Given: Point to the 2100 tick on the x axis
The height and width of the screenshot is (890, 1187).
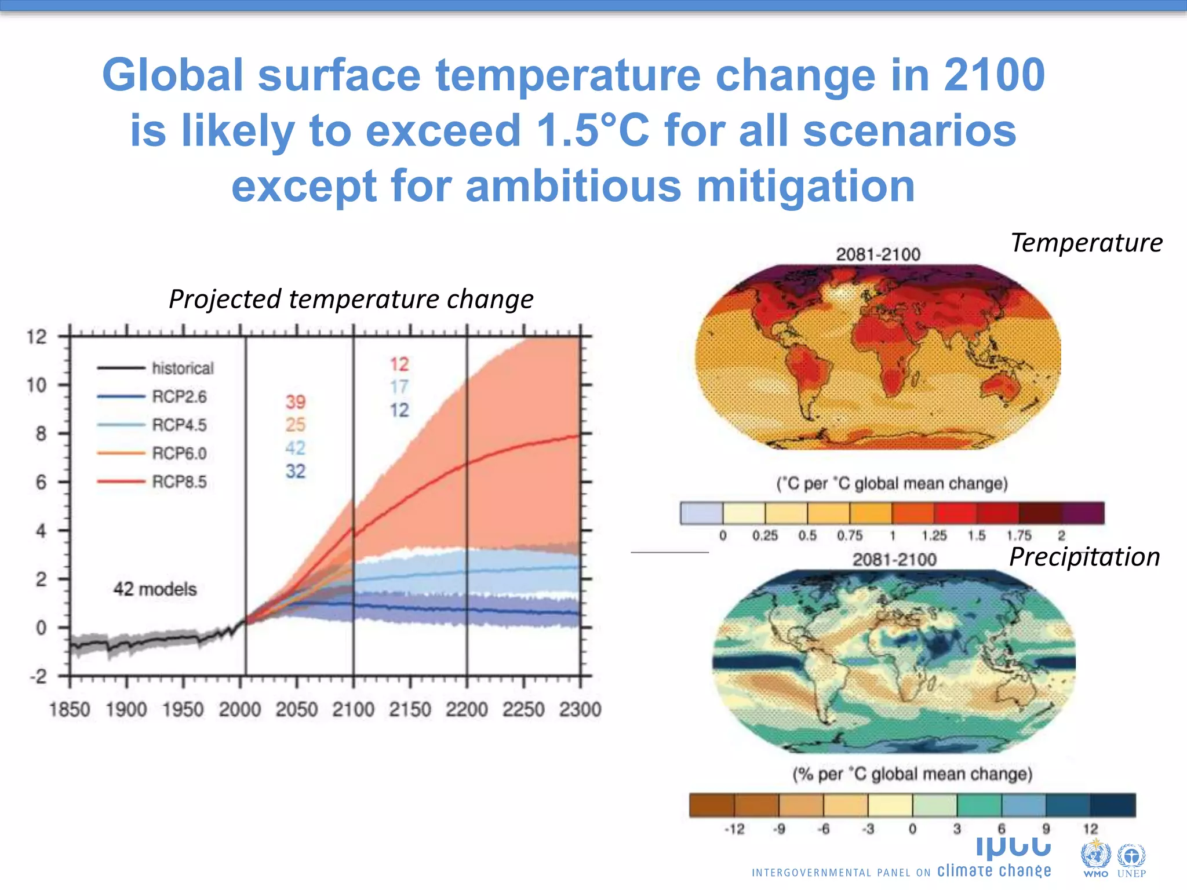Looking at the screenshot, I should click(x=353, y=709).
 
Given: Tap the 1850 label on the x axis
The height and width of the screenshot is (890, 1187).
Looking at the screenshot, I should click(x=70, y=709).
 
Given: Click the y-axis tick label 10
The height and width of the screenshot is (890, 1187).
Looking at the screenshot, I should click(x=37, y=385).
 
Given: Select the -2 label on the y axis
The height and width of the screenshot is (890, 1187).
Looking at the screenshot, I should click(x=38, y=676).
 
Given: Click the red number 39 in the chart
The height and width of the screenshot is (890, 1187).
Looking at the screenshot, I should click(x=295, y=402).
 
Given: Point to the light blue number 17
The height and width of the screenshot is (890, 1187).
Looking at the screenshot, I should click(x=399, y=386).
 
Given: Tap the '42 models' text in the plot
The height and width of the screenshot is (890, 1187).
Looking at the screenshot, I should click(x=155, y=589).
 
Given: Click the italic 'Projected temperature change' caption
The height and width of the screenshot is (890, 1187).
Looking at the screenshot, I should click(x=351, y=300).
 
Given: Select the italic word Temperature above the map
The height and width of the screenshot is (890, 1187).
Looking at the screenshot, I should click(x=1086, y=243).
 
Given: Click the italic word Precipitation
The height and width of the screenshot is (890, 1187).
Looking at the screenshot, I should click(x=1084, y=557).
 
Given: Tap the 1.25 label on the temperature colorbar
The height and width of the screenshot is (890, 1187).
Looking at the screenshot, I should click(x=934, y=536).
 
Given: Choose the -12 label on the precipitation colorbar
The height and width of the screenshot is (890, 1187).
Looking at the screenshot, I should click(x=734, y=829).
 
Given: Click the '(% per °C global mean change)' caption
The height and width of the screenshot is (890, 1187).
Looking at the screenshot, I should click(x=912, y=774).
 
